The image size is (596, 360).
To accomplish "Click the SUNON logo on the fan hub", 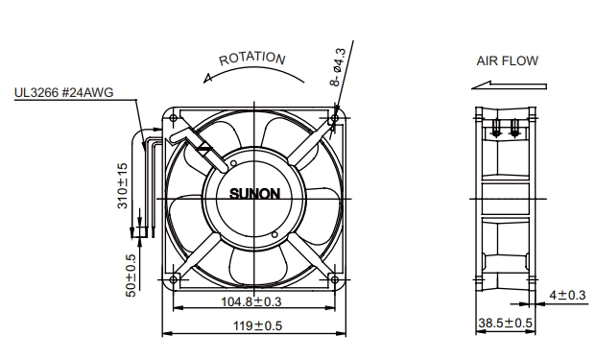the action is pos(254,194).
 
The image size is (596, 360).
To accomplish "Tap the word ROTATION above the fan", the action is pos(252,59).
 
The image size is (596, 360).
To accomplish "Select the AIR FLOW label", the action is pos(508,60).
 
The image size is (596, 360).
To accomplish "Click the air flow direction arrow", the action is pos(509,85).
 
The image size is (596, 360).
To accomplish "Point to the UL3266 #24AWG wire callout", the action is pos(64,92).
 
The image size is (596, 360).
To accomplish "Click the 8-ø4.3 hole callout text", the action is pos(338,67).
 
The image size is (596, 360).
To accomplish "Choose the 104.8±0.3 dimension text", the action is pos(251,301).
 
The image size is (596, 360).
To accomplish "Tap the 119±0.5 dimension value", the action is pos(258,325).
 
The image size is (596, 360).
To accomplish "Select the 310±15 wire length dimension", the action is pos(123,185).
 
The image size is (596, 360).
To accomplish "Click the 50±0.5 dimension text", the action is pos(131,276).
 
